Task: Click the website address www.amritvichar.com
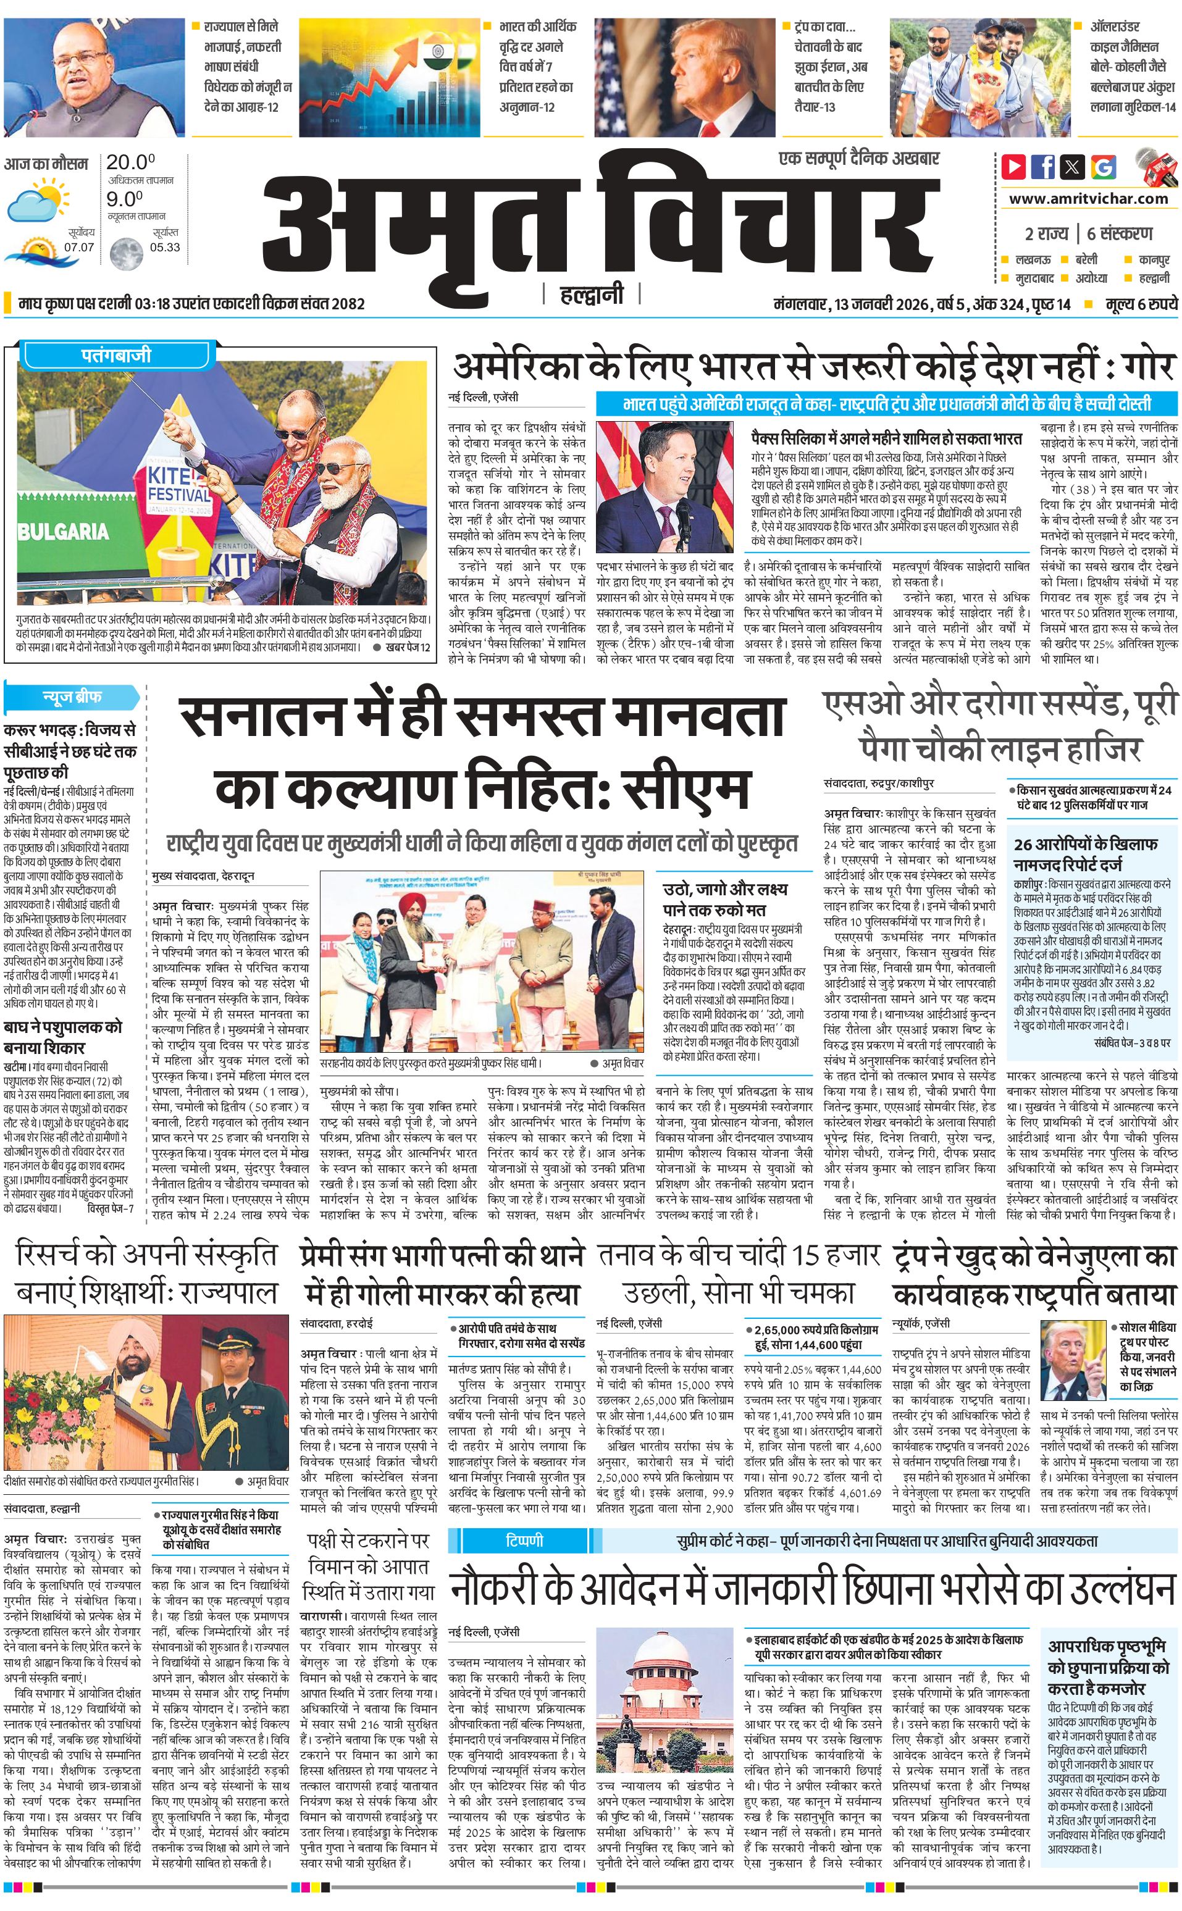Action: tap(1088, 199)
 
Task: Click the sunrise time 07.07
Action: tap(79, 247)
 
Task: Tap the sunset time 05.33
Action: tap(165, 247)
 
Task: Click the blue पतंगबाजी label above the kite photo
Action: tap(115, 356)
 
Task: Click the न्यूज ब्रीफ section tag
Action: tap(72, 696)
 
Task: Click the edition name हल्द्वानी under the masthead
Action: tap(592, 295)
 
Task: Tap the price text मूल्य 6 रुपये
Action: tap(1141, 304)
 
